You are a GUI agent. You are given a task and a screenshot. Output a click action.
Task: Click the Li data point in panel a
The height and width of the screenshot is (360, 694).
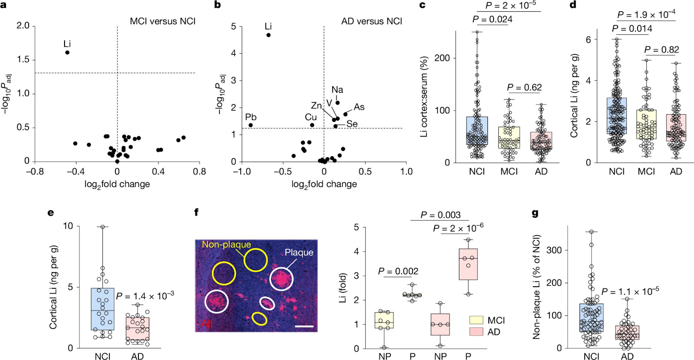coord(67,52)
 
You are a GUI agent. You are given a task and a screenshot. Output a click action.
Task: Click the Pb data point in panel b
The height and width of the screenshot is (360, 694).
coord(251,125)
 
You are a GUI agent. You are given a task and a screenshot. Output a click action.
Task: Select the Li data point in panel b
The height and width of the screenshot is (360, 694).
coord(268,35)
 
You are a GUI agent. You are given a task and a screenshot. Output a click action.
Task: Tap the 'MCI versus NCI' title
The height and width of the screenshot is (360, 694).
coord(163,21)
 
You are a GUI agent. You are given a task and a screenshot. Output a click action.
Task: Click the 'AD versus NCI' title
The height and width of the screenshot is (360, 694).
coord(371,21)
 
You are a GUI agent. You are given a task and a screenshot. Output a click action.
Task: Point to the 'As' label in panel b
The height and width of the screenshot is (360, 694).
coord(359,107)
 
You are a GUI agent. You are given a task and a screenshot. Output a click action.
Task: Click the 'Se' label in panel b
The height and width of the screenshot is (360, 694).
coord(352,124)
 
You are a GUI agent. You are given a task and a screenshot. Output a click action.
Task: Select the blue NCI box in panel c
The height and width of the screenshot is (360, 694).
coord(477,131)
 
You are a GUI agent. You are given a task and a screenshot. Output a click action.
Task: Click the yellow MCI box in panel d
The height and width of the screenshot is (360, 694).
coord(646,124)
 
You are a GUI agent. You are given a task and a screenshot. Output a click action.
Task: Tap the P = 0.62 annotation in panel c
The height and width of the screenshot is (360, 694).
coord(524,88)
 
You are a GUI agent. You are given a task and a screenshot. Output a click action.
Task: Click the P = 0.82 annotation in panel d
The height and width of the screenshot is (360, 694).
coord(661,50)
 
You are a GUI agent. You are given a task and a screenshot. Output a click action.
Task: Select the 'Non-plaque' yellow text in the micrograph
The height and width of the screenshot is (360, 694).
coord(226,245)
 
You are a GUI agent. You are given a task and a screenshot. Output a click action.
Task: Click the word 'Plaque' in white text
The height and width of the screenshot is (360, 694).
coord(299,252)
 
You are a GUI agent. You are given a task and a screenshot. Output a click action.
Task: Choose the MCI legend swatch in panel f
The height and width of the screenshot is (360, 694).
coord(476,321)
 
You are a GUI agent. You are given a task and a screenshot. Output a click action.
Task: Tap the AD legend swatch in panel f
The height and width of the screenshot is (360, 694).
coord(476,332)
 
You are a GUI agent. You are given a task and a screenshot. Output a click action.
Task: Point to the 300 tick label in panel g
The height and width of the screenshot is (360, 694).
coord(555,250)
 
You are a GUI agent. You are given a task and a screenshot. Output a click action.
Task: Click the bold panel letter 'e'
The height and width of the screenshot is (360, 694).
coord(51,213)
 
